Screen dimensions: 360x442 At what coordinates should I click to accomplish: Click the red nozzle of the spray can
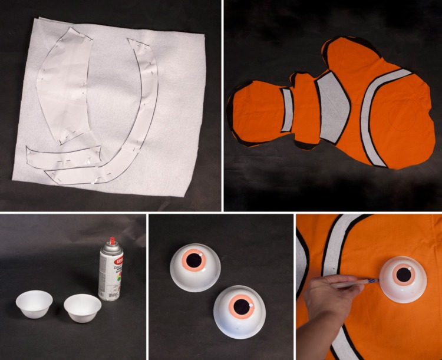pyautogui.click(x=112, y=241)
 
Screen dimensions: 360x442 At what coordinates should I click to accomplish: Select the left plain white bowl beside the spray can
pyautogui.click(x=34, y=303)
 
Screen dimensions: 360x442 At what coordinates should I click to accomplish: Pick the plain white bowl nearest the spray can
pyautogui.click(x=82, y=307)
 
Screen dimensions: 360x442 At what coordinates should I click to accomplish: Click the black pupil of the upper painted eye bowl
pyautogui.click(x=194, y=259)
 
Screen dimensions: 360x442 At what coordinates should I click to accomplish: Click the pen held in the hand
pyautogui.click(x=354, y=285)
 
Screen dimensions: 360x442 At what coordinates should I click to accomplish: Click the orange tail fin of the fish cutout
pyautogui.click(x=250, y=112)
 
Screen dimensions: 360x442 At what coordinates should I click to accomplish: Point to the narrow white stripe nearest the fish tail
pyautogui.click(x=287, y=110)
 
